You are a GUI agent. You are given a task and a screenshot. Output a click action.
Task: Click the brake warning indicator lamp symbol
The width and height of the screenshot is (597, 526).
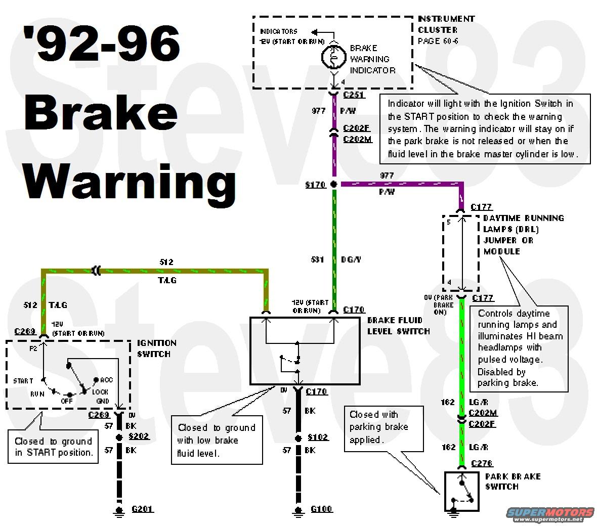pos(333,58)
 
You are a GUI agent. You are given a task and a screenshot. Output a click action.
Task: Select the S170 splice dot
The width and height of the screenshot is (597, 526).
pos(333,185)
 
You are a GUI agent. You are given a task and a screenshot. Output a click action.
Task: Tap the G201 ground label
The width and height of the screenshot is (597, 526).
pos(142,509)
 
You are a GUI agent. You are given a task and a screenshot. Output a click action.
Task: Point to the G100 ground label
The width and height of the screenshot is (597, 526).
pos(321,509)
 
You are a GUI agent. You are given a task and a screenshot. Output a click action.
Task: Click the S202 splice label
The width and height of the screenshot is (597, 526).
pos(139,436)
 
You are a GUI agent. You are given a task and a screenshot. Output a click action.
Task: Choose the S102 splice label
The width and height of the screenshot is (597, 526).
pos(318,437)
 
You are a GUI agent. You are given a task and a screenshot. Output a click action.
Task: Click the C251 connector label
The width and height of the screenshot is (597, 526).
pos(354,95)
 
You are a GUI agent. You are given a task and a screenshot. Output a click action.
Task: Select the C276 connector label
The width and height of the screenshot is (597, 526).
pos(481,463)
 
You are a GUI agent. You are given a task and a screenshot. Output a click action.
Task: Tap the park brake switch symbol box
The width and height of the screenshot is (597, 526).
pos(462,491)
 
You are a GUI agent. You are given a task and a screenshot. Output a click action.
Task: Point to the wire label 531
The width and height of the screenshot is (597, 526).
pos(318,259)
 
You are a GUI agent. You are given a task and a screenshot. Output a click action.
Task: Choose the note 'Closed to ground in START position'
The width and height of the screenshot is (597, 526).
pos(53,447)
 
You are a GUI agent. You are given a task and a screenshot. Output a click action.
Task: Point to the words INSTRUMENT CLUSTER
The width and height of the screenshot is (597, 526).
pos(446,24)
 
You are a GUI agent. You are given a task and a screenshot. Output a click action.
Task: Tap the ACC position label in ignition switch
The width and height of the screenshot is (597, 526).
pos(106,380)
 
